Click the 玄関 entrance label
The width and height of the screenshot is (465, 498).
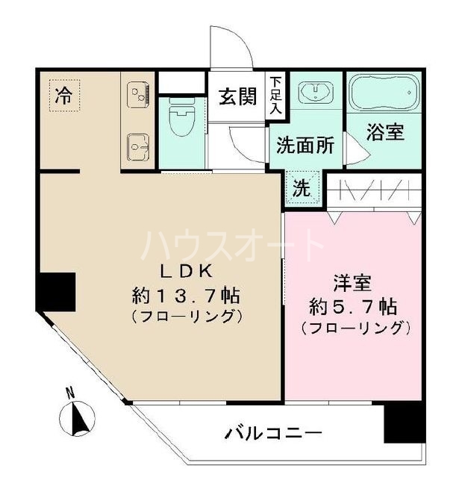237,97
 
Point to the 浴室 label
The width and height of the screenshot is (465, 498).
385,132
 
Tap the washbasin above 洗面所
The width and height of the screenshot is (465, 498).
316,94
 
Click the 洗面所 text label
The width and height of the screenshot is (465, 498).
305,145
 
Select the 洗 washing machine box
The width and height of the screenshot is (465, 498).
302,188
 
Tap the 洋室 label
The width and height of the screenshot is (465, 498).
353,284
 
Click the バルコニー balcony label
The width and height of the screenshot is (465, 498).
272,433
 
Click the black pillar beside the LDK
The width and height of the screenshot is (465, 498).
57,292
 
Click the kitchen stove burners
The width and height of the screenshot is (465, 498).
139,96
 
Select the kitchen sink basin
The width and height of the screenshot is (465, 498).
137,143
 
